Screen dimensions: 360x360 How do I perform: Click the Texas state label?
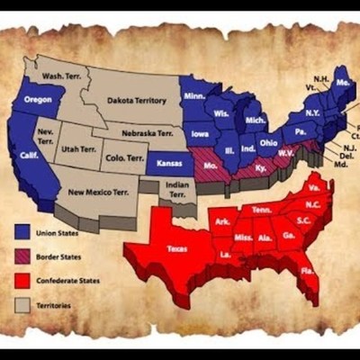click(176, 248)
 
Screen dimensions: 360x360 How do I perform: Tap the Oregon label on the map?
click(38, 99)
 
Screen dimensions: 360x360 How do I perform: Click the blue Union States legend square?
click(22, 231)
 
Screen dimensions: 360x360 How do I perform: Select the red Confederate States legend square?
click(22, 280)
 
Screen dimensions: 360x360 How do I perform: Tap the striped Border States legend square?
click(22, 256)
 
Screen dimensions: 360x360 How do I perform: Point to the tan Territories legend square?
click(22, 304)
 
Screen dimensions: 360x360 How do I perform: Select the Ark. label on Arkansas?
click(223, 220)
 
